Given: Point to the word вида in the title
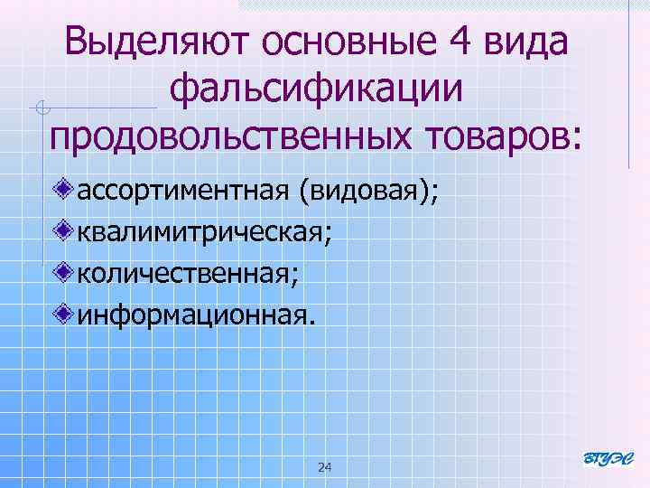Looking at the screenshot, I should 525,44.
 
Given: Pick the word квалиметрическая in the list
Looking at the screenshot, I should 204,232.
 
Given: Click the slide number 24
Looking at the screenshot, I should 325,467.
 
